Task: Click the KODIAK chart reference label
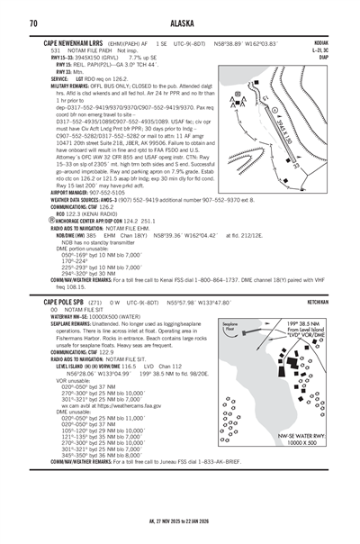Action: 319,42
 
